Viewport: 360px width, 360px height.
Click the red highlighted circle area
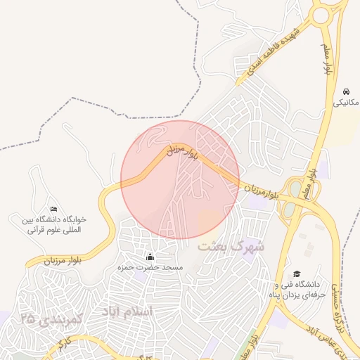[180, 180]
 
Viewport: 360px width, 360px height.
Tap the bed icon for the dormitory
[54, 209]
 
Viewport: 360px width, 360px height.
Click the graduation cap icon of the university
[297, 274]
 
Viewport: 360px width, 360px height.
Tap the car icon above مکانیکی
[346, 91]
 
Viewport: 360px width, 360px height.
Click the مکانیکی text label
[345, 103]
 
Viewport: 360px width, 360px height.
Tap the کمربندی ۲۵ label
[53, 319]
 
